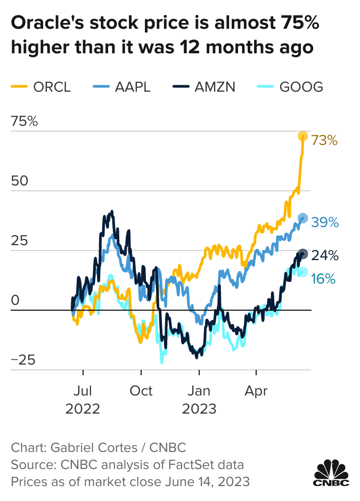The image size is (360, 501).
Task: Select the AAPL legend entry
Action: (122, 86)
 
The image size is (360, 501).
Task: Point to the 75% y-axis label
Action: (24, 122)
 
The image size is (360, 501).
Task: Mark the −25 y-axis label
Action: (24, 360)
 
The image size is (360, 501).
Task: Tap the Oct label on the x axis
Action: (141, 391)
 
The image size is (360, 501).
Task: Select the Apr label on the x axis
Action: (256, 391)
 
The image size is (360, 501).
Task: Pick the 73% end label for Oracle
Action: (325, 141)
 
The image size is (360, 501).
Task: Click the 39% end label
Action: (325, 222)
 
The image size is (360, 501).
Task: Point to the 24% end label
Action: (325, 255)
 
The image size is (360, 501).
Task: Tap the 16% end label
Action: (323, 278)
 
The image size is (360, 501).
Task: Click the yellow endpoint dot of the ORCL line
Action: (302, 136)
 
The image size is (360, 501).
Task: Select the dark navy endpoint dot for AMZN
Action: (302, 254)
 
